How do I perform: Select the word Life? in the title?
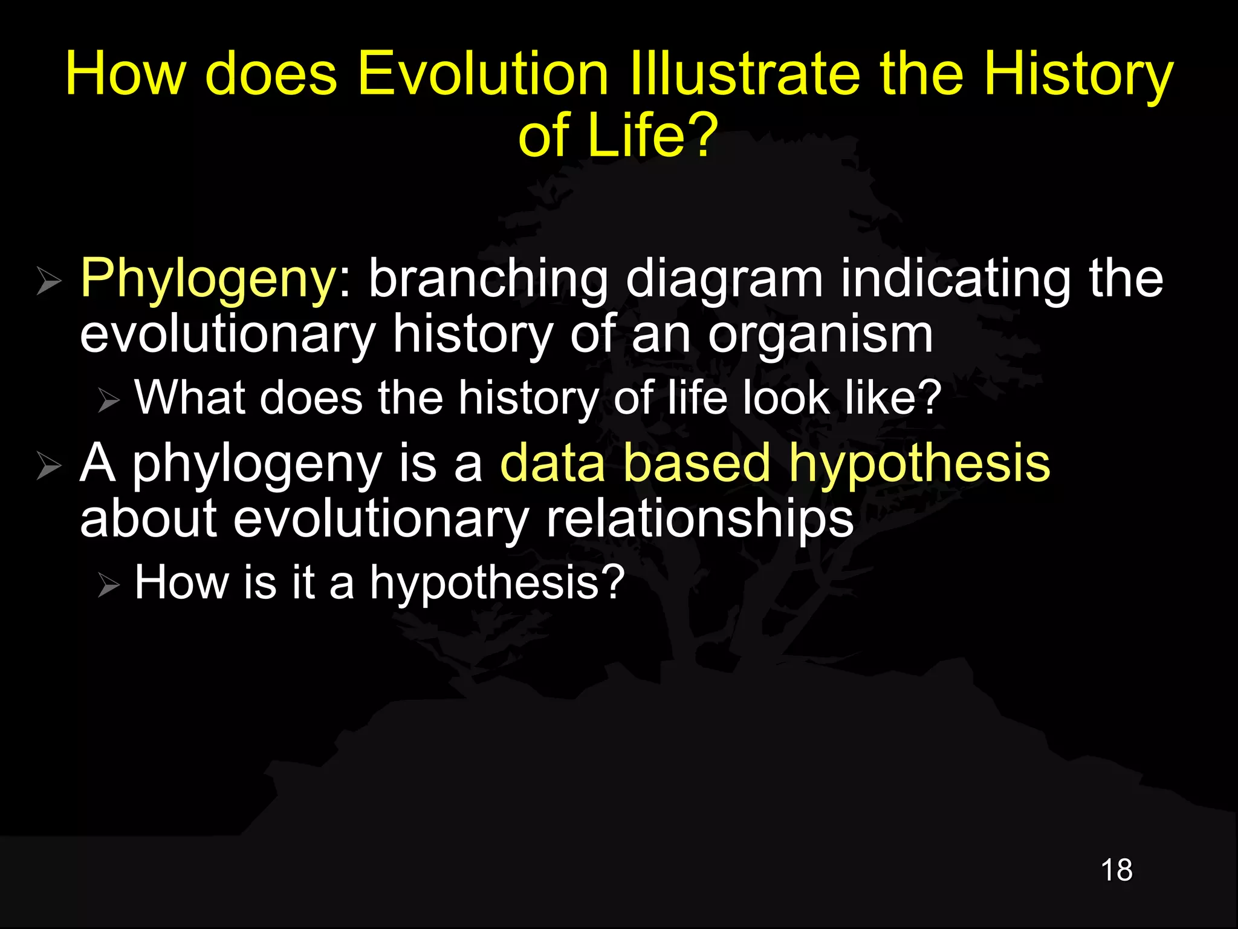tap(652, 135)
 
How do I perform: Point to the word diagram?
tap(724, 279)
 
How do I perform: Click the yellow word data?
tap(553, 463)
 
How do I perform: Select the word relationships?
tap(699, 519)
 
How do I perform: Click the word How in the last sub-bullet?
tap(181, 582)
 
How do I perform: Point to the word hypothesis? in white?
tap(497, 583)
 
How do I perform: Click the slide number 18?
tap(1116, 870)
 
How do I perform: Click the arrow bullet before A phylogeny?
tap(48, 466)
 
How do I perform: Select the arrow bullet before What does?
tap(109, 401)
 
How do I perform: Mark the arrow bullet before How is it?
tap(109, 585)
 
